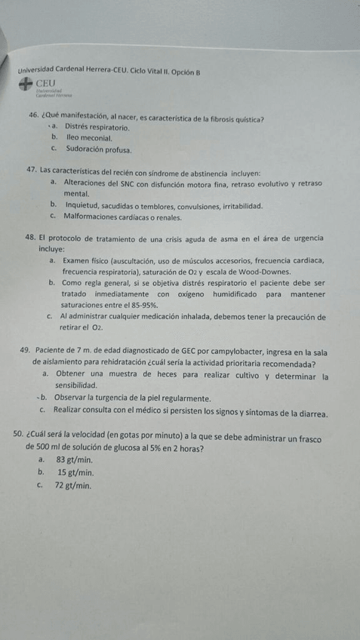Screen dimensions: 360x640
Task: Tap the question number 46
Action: (32, 118)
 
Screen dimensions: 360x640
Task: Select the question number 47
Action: (32, 171)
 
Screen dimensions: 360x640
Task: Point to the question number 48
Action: (32, 237)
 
